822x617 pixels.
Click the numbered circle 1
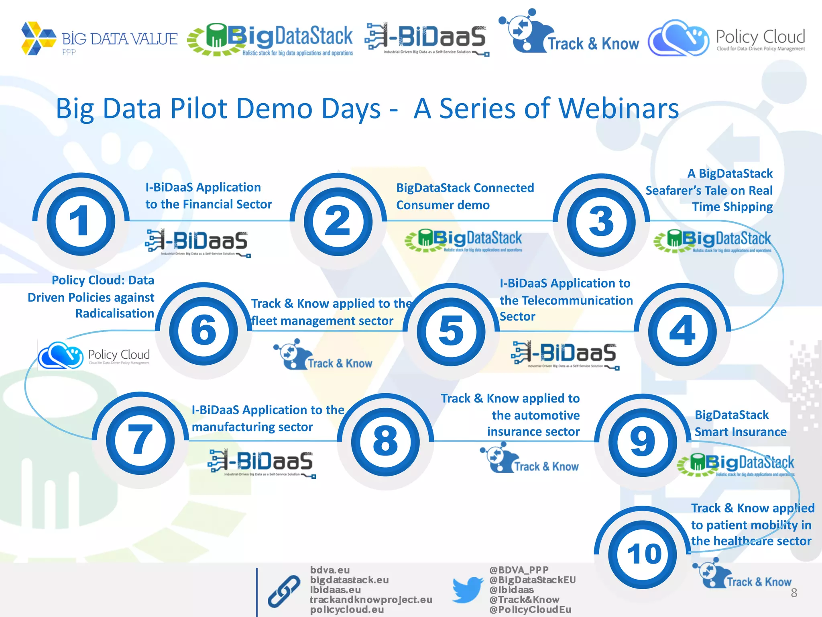click(x=81, y=221)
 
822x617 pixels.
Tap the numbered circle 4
click(x=682, y=331)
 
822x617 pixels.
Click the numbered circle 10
click(x=643, y=554)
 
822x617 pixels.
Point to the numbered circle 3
click(x=601, y=222)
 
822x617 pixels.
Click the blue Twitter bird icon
click(x=468, y=589)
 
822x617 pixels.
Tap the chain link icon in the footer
click(x=284, y=591)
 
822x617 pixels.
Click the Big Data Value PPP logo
click(x=99, y=39)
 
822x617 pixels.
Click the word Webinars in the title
click(x=619, y=109)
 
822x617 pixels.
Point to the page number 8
click(x=794, y=593)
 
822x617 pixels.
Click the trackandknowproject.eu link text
click(x=371, y=600)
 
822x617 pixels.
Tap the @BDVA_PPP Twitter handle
click(x=519, y=570)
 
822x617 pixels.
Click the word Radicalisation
click(x=115, y=313)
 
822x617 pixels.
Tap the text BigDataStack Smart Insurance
click(x=741, y=423)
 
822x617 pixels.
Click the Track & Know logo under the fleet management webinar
click(x=323, y=355)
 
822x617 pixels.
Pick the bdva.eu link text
click(x=330, y=570)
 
